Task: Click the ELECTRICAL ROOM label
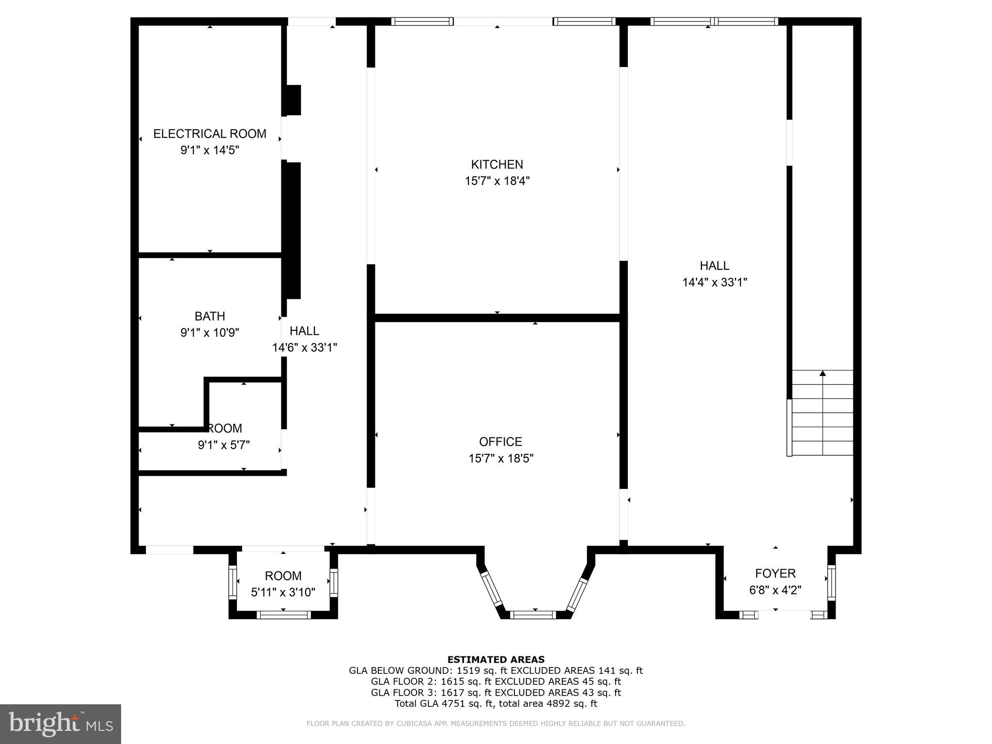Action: coord(210,134)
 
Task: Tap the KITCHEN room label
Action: coord(497,165)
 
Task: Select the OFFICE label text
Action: coord(500,442)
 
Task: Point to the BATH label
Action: coord(210,316)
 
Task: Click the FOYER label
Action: coord(775,573)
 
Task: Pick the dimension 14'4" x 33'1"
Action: coord(714,282)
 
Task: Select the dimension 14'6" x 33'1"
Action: coord(304,348)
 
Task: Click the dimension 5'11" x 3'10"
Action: coord(283,592)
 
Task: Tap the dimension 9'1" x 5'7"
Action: coord(224,445)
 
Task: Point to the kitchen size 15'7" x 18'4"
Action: coord(497,181)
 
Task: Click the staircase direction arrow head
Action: coord(822,373)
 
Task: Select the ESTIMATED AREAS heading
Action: coord(496,659)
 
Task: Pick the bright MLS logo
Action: coord(60,724)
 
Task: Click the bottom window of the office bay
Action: coord(532,615)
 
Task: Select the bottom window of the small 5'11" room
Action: coord(283,615)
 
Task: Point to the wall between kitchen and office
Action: coord(497,318)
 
